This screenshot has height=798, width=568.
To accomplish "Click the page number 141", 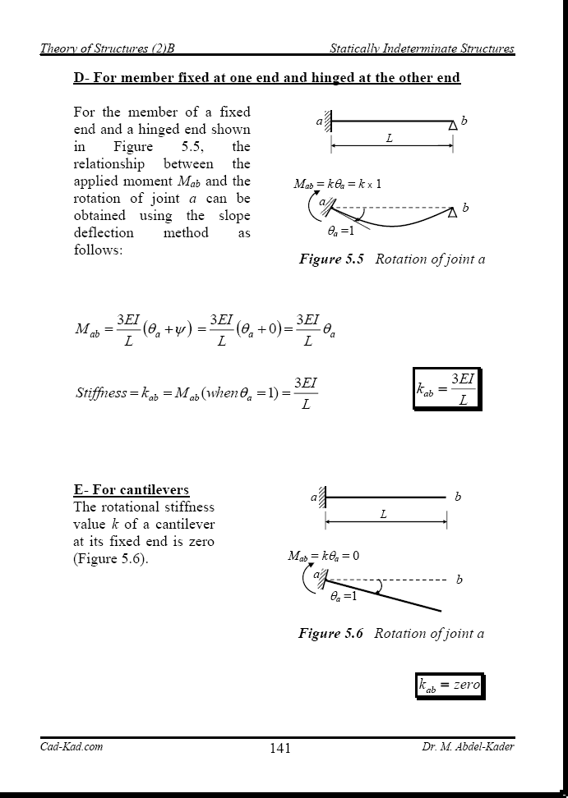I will [x=279, y=748].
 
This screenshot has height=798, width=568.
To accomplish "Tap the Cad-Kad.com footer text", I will [x=72, y=746].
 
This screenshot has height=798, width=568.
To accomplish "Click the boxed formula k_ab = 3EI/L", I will [x=446, y=388].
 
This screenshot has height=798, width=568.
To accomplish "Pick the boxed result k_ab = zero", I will [x=449, y=686].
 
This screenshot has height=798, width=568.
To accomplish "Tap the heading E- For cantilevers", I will [x=131, y=490].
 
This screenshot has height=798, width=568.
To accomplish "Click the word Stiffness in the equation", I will [x=101, y=392].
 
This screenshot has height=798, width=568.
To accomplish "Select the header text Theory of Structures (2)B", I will [x=108, y=48].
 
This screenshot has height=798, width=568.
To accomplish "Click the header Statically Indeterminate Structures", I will [x=422, y=48].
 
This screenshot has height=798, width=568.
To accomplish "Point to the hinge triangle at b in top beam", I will [x=452, y=126].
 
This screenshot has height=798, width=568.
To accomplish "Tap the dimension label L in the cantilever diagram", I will [x=383, y=515].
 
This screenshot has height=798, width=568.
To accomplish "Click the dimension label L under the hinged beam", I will [x=390, y=139].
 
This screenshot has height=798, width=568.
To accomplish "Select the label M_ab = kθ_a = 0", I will [x=323, y=556].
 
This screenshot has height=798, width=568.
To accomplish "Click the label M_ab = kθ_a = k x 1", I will [x=337, y=184].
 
